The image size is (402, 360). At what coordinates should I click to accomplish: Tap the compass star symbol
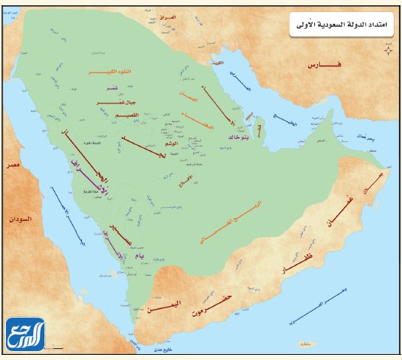[387, 48]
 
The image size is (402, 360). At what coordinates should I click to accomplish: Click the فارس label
[326, 66]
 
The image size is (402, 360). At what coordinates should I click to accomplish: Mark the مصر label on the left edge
[13, 164]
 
